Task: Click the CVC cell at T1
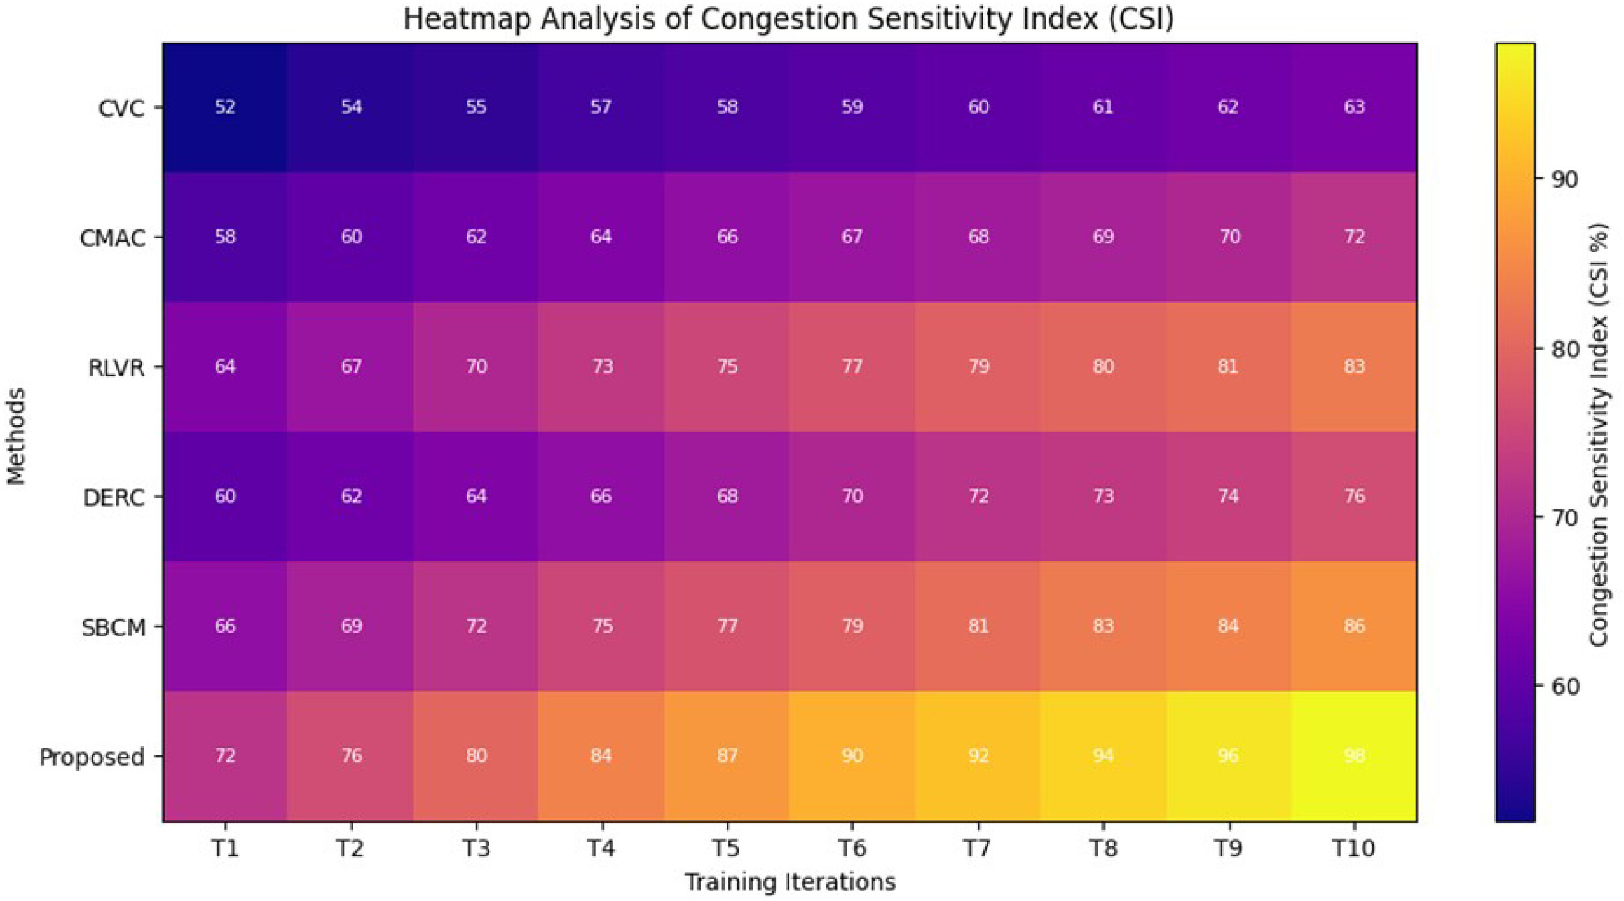(225, 107)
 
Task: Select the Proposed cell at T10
(1354, 756)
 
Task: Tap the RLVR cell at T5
(727, 367)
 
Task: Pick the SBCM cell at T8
(1103, 626)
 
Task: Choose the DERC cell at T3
(476, 497)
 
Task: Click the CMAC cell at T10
(1354, 237)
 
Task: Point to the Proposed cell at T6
(852, 756)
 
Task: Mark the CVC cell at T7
(978, 107)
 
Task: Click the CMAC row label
(113, 238)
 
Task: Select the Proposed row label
(92, 758)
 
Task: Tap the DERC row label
(114, 497)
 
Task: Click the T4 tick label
(601, 849)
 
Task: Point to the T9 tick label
(1228, 849)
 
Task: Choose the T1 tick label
(225, 849)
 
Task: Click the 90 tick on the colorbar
(1564, 179)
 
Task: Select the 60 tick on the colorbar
(1564, 686)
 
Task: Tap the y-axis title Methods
(16, 436)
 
